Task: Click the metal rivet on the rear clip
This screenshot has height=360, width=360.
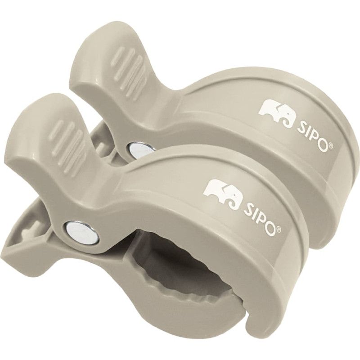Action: coord(135,149)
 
